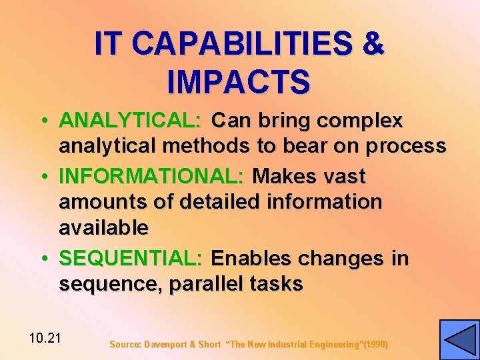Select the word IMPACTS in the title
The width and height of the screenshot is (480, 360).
(x=239, y=81)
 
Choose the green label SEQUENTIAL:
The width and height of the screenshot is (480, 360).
(x=134, y=258)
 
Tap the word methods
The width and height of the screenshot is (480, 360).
(x=213, y=146)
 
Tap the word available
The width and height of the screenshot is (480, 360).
(x=103, y=227)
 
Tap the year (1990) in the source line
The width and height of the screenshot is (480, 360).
(x=375, y=345)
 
